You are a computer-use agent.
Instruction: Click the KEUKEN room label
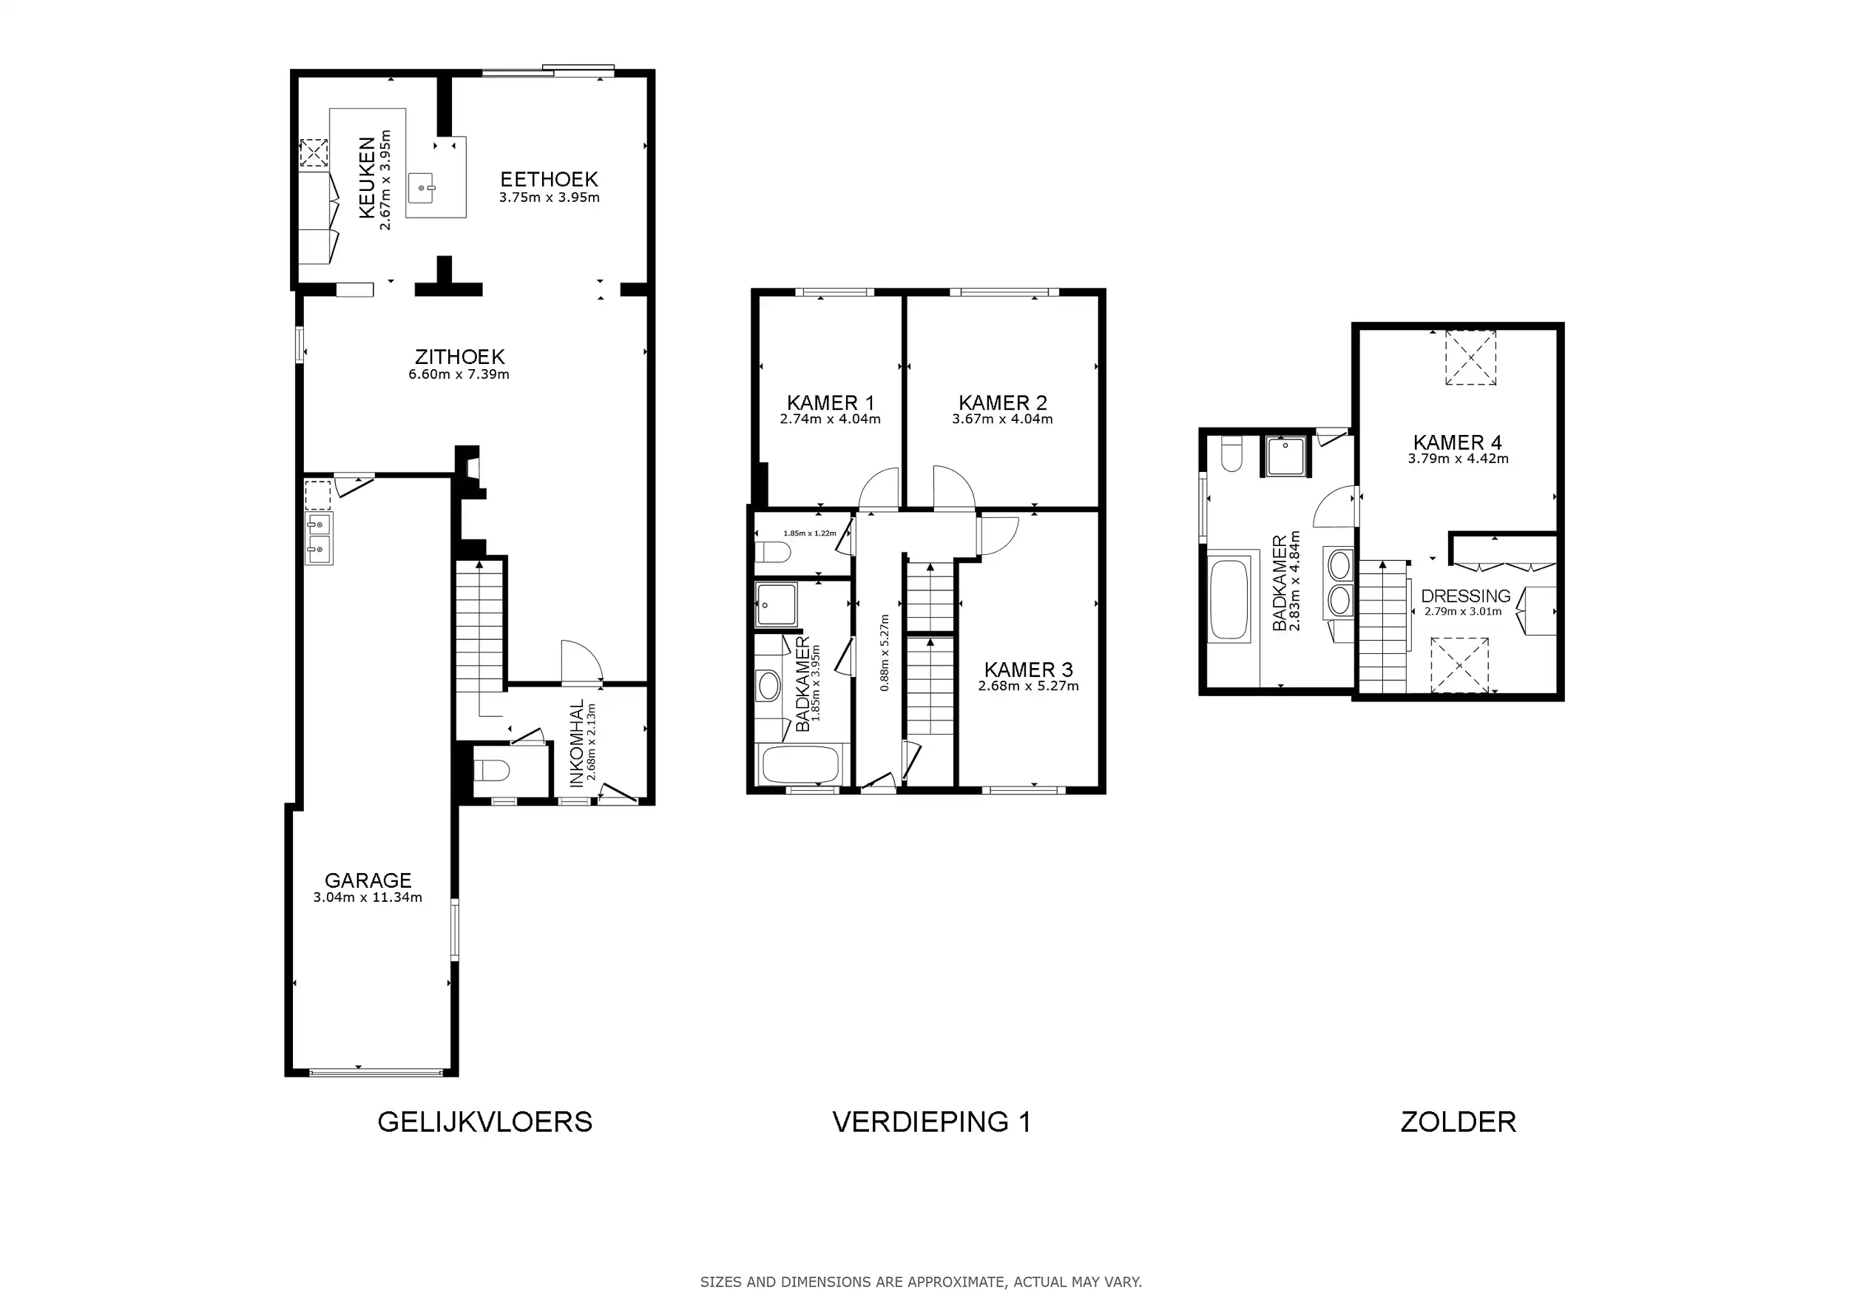366,178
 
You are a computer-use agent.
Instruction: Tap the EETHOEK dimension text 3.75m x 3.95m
550,198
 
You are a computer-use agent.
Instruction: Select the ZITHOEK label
460,356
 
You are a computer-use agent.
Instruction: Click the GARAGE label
368,880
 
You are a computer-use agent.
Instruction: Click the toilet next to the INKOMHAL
491,771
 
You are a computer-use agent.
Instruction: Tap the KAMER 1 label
831,402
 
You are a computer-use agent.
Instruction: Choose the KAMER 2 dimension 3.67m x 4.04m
1003,419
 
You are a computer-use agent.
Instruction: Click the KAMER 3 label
1028,670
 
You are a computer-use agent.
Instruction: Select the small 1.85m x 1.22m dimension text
809,533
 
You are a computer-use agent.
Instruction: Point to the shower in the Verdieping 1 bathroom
777,605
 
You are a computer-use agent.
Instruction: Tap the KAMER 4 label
1458,442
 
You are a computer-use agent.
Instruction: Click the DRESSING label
1466,596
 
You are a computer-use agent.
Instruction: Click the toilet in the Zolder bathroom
1232,454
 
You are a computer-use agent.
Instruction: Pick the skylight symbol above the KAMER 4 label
1470,357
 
